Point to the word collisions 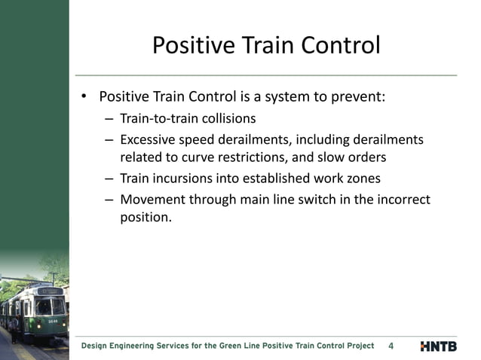(225, 118)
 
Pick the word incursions (185, 178)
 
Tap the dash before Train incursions (110, 178)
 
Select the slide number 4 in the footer (391, 346)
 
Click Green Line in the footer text (230, 346)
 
